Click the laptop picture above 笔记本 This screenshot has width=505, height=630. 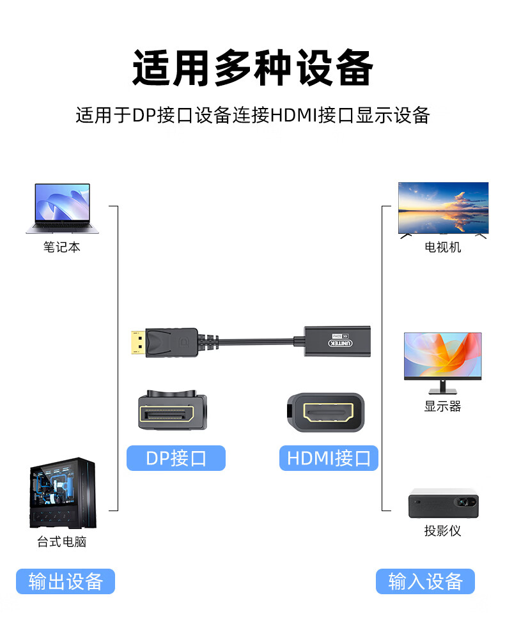point(62,208)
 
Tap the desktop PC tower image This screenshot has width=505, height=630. point(63,493)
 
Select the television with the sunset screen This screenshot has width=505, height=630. point(443,210)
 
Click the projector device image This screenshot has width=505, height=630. point(444,503)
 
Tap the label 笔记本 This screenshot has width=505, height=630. point(62,247)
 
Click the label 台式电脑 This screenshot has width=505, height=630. point(62,542)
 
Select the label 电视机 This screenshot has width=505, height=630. point(443,247)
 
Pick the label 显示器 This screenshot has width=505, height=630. point(443,406)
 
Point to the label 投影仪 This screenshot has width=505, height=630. point(443,531)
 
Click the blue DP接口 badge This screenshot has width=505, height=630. point(176,458)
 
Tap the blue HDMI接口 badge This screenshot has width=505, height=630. point(329,458)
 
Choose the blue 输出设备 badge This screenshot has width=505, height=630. point(66,581)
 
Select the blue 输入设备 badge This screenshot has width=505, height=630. point(425,581)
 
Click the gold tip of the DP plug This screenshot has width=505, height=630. point(138,342)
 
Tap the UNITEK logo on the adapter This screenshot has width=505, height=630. point(341,343)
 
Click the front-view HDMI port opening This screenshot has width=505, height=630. point(328,413)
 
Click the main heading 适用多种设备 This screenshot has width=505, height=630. point(253,68)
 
